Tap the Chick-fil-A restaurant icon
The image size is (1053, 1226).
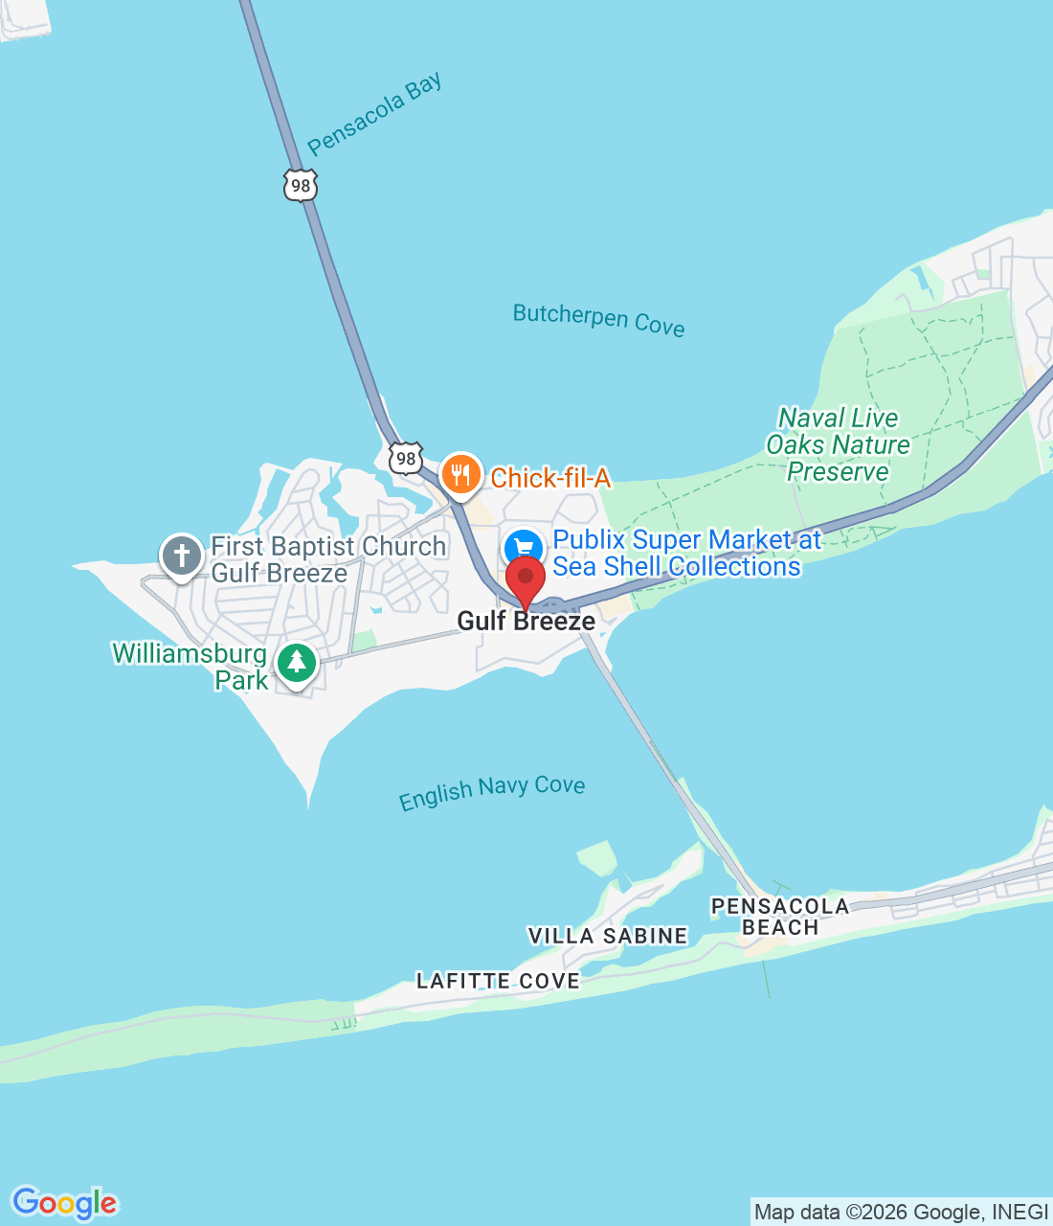click(x=460, y=473)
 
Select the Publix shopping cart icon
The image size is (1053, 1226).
click(x=524, y=551)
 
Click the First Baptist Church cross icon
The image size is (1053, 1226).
click(x=182, y=556)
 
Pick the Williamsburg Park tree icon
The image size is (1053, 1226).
click(x=297, y=662)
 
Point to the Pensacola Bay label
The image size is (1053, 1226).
click(x=375, y=114)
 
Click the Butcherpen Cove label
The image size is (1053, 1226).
click(x=598, y=319)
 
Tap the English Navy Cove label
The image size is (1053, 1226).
click(x=492, y=792)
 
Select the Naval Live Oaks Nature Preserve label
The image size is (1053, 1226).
click(x=838, y=444)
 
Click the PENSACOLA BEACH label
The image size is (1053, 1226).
click(x=780, y=917)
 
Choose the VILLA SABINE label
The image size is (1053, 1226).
click(x=608, y=936)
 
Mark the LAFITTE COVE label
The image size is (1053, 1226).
click(x=498, y=981)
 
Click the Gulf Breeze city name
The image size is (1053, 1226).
click(x=526, y=622)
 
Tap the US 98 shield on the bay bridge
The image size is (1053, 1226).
click(x=301, y=185)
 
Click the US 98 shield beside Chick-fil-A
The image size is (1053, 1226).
click(x=406, y=458)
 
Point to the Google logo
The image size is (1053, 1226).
click(x=65, y=1203)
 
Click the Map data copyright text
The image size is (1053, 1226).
click(x=901, y=1213)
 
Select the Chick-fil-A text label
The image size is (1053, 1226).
click(x=550, y=478)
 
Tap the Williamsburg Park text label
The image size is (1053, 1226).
click(x=191, y=667)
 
